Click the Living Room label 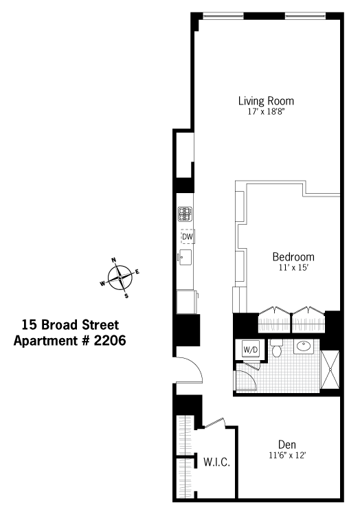pos(266,101)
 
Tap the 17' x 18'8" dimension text pos(266,112)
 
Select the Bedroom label pos(293,257)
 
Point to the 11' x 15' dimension pos(293,267)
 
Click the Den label pos(287,445)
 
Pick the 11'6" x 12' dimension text pos(287,456)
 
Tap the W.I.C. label pos(216,462)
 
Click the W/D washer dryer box pos(251,350)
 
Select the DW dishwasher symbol pos(188,236)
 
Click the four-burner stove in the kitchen pos(185,214)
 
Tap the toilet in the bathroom pos(277,348)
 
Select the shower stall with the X pos(330,370)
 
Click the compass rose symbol pos(120,278)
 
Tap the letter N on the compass pos(114,260)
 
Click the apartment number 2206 pos(110,341)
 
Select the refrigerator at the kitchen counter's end pos(187,302)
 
